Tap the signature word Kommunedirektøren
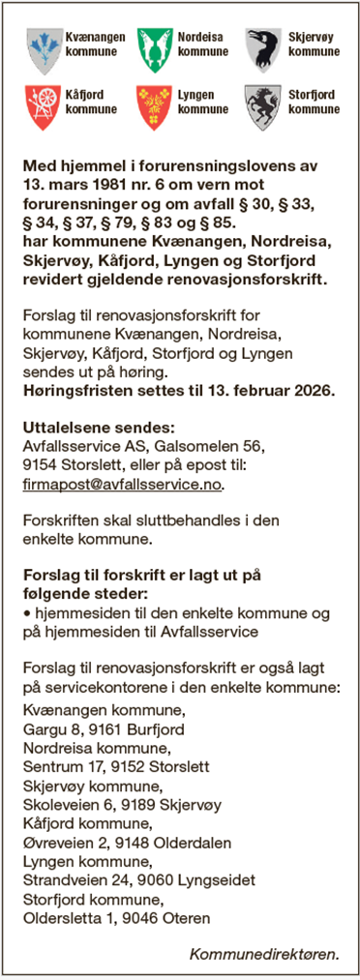[x=264, y=952]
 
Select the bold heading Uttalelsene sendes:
[x=85, y=427]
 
